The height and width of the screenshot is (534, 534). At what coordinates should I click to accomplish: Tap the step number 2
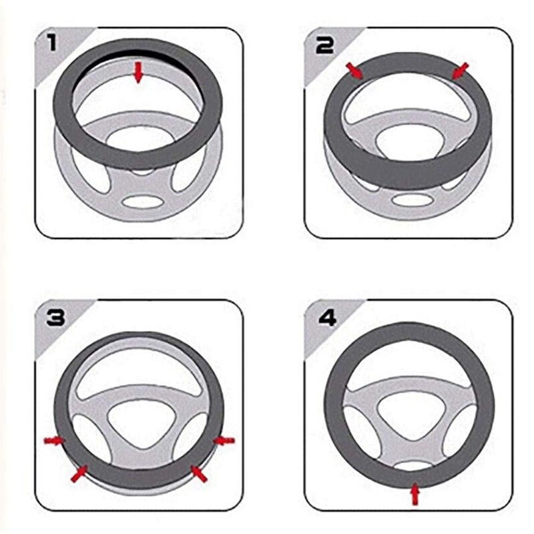324,45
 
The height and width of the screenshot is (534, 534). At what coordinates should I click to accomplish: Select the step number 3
55,318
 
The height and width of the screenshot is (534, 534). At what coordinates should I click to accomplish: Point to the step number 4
327,318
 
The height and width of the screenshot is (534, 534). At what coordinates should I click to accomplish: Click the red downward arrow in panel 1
138,72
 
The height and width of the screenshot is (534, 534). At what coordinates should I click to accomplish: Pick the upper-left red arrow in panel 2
354,71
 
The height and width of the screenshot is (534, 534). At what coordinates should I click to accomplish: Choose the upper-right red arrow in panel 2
460,71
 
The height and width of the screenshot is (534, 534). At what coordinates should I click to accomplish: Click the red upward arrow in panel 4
415,493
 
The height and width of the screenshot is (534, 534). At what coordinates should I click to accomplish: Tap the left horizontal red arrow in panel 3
54,441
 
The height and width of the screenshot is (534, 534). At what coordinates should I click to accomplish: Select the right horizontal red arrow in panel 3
224,441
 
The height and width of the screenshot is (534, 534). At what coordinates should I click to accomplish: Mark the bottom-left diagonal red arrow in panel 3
79,474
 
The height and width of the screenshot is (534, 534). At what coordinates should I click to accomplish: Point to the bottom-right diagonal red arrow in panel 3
199,474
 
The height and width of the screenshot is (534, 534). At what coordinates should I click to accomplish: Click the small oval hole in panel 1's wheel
142,202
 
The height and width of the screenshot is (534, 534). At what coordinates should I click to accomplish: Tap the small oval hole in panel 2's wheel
411,199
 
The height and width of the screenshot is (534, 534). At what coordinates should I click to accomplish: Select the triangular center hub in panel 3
140,422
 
